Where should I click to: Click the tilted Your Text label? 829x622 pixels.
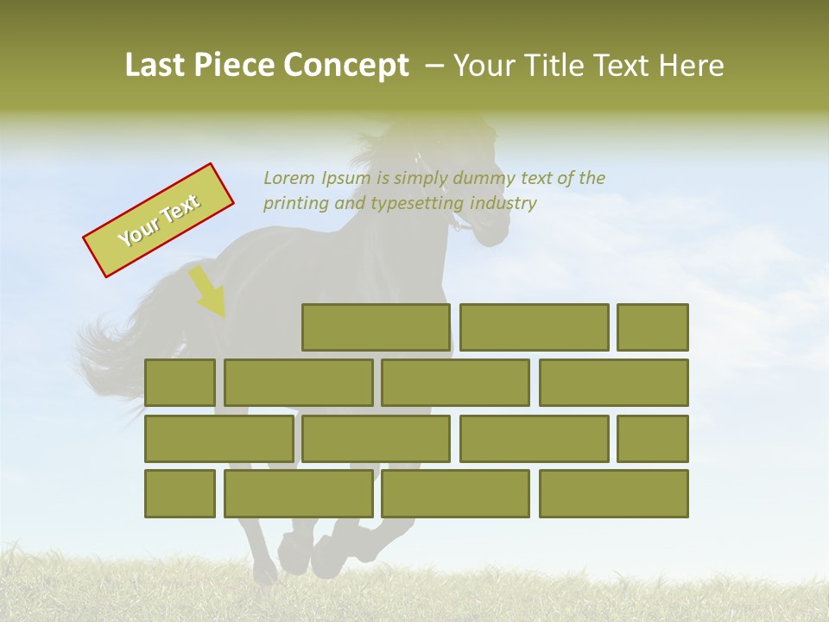pyautogui.click(x=159, y=220)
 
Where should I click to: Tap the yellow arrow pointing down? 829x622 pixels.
pyautogui.click(x=208, y=292)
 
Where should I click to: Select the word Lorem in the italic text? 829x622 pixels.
pyautogui.click(x=289, y=178)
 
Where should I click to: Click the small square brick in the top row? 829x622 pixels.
pyautogui.click(x=653, y=327)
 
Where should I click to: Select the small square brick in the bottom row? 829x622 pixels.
pyautogui.click(x=180, y=493)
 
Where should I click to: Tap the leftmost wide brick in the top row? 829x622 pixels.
pyautogui.click(x=376, y=327)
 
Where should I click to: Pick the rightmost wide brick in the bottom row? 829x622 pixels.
pyautogui.click(x=614, y=493)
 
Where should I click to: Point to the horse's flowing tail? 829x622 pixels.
pyautogui.click(x=108, y=354)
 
